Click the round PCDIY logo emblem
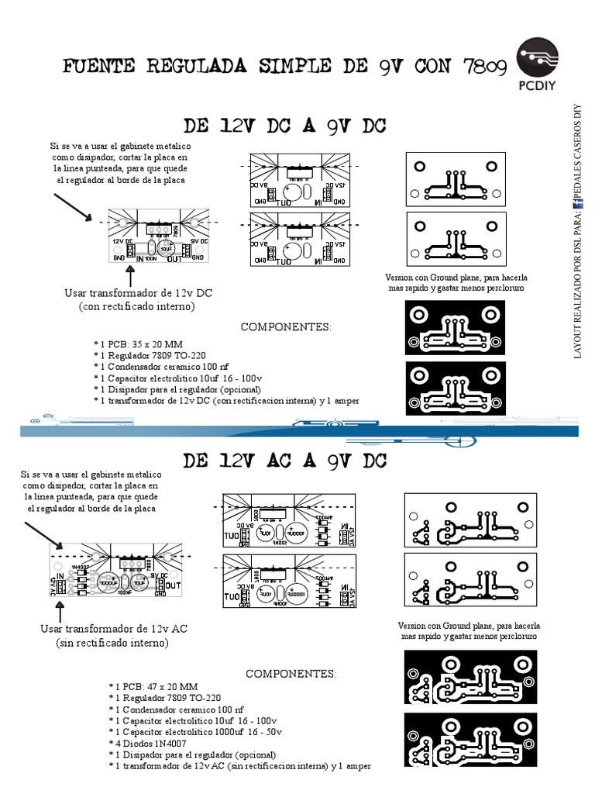coord(537,57)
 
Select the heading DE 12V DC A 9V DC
coord(284,125)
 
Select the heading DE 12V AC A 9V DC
coord(284,461)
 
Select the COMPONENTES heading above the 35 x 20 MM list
coord(285,326)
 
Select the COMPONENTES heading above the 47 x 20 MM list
coord(291,673)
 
